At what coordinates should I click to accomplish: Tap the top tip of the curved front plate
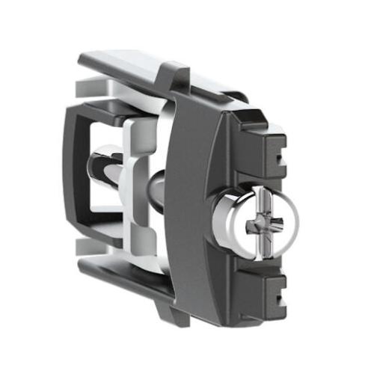pyautogui.click(x=183, y=75)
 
